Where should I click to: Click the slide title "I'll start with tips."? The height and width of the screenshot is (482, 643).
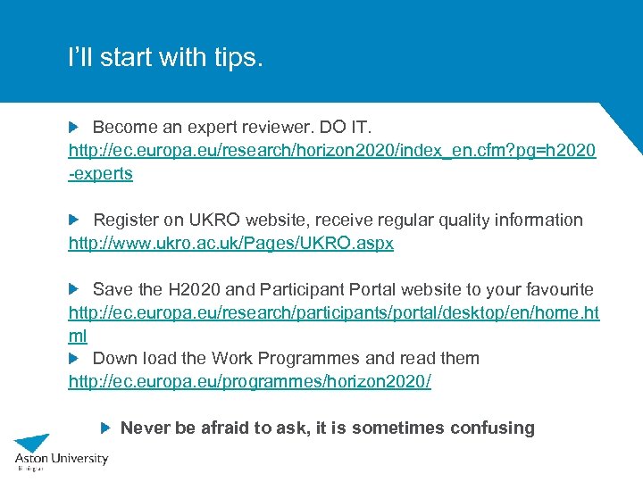coord(166,58)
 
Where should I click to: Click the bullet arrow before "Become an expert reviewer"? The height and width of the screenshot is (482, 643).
coord(74,127)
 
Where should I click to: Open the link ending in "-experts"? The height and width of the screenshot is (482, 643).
coord(101,174)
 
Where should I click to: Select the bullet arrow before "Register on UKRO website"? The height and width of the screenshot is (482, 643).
coord(74,220)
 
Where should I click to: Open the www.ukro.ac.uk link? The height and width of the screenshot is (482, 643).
coord(230,243)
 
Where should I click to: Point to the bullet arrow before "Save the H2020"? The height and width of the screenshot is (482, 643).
coord(74,289)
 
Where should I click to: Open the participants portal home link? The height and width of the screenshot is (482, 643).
coord(333,312)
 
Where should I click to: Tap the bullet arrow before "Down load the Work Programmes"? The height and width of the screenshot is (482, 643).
coord(74,359)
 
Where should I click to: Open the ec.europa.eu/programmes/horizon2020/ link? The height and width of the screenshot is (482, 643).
coord(249,382)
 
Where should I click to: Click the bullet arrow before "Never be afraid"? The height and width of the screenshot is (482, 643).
coord(104,428)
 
